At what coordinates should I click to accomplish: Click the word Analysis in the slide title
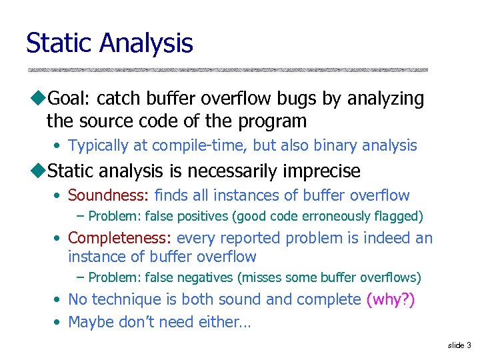click(147, 43)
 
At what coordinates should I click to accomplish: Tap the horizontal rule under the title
click(227, 69)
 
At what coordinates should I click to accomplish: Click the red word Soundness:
click(109, 195)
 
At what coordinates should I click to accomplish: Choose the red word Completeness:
click(120, 238)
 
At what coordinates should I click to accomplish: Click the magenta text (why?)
click(391, 300)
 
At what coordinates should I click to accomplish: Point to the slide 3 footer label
click(459, 345)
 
